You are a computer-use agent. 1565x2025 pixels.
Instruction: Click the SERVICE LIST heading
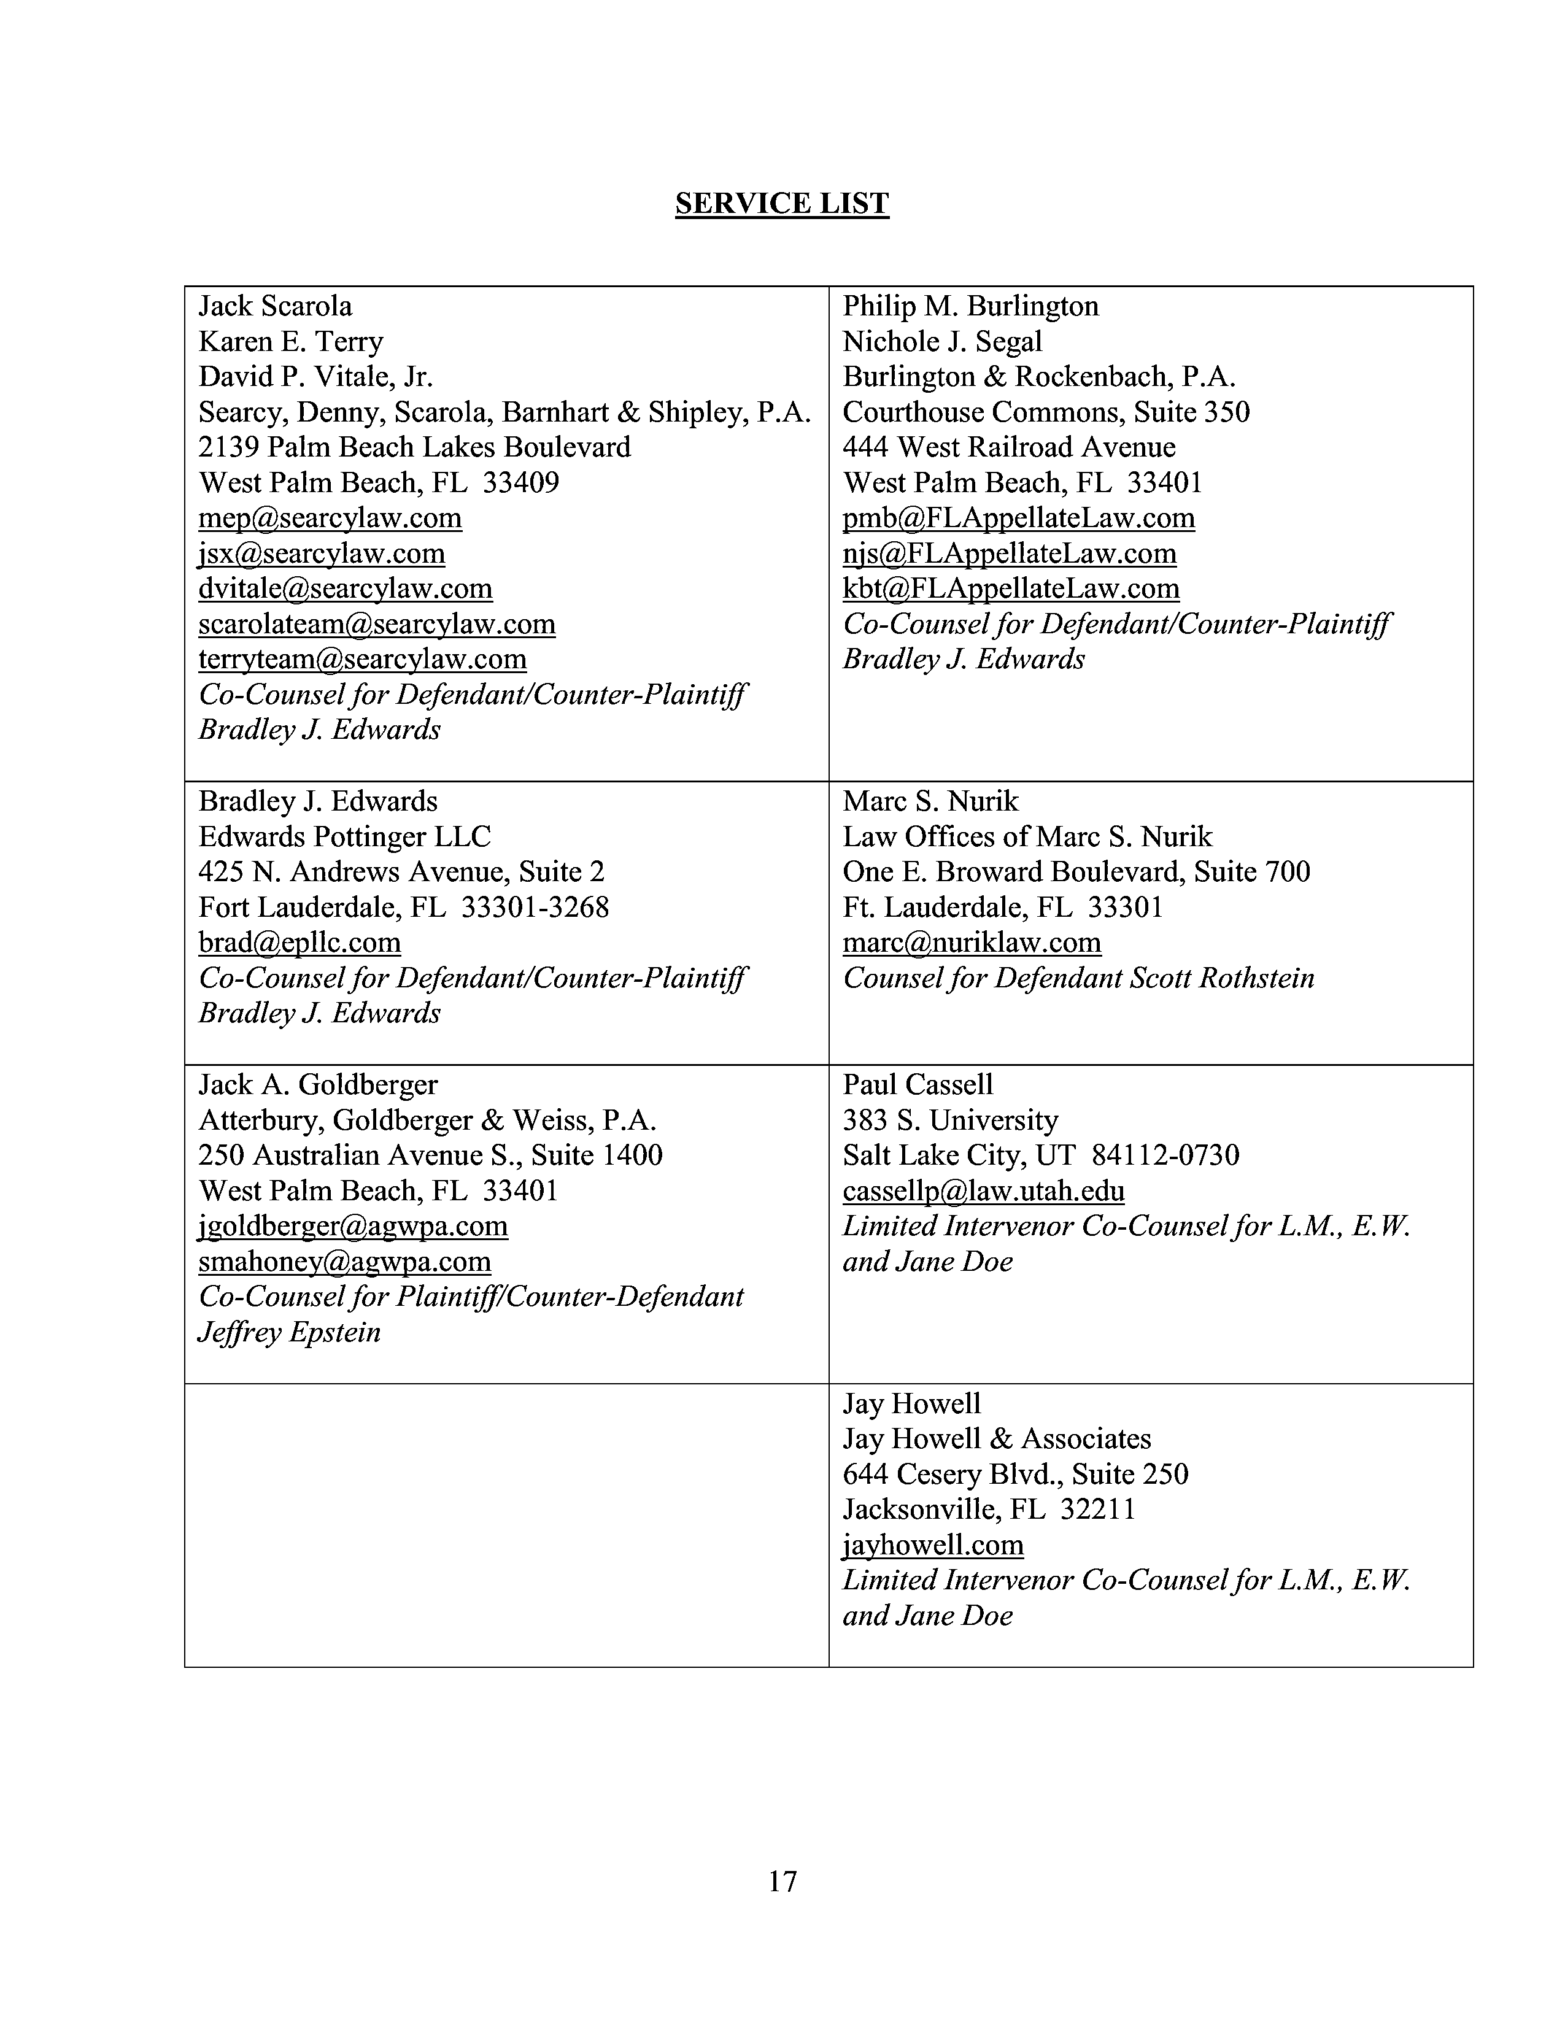click(781, 204)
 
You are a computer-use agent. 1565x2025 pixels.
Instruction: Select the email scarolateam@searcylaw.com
click(376, 624)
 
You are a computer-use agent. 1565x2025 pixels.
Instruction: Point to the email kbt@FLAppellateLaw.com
click(1011, 588)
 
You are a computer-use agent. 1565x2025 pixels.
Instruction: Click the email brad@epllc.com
click(299, 943)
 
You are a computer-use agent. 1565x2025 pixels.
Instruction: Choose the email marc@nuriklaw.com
click(972, 943)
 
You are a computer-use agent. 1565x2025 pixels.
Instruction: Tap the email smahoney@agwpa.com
click(344, 1262)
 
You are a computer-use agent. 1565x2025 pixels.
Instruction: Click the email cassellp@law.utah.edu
click(983, 1192)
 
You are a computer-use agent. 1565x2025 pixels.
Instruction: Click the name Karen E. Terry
click(290, 342)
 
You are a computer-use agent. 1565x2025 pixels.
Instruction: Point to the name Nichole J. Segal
click(942, 342)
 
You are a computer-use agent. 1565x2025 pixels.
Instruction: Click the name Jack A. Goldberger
click(318, 1085)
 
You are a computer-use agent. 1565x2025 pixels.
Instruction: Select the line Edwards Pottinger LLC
click(344, 837)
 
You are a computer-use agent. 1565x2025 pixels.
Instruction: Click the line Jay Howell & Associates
click(997, 1439)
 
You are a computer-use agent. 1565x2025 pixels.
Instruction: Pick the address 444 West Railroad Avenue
click(1009, 448)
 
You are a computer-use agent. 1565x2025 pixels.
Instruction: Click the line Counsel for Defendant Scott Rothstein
click(1078, 978)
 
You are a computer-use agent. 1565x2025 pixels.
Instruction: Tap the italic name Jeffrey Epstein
click(289, 1332)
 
